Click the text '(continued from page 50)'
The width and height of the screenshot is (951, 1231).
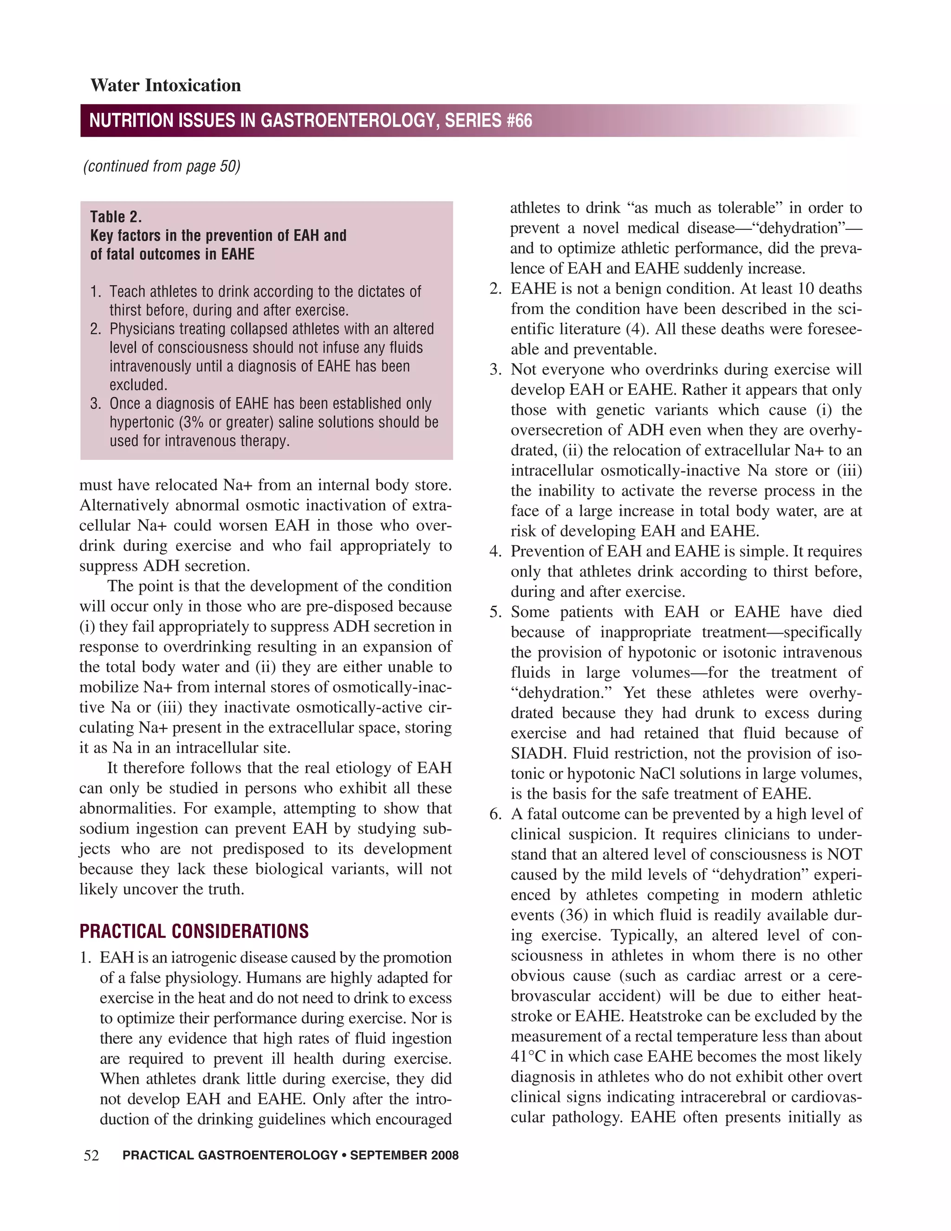coord(162,166)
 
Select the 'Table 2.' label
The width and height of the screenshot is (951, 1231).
coord(116,216)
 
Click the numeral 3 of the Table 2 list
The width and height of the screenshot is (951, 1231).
coord(95,404)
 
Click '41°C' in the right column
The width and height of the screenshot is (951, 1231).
coord(528,1056)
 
